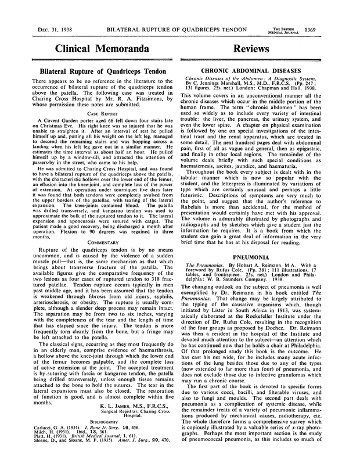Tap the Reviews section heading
click(x=269, y=49)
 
